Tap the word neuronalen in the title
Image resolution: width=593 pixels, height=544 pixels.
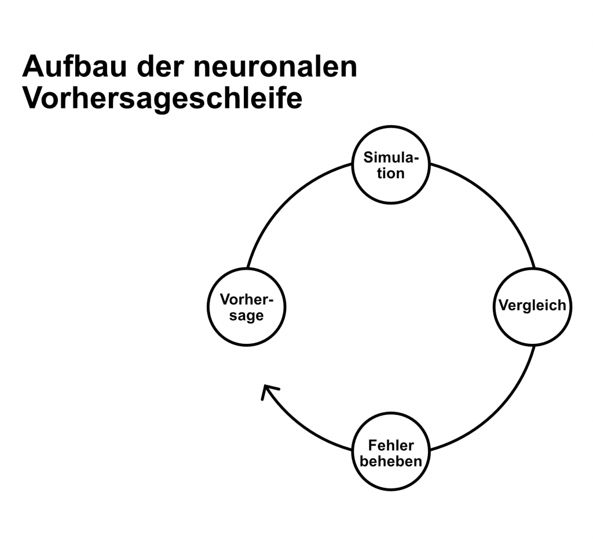click(276, 68)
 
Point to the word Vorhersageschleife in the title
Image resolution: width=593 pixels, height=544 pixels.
click(162, 99)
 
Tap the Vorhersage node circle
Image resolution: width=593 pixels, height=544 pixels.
click(246, 324)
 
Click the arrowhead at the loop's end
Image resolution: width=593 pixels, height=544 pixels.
click(268, 393)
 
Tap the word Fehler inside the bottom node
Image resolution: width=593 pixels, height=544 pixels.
click(391, 446)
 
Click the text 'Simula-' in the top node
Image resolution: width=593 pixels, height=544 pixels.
click(391, 158)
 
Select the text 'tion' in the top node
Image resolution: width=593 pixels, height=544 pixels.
click(391, 173)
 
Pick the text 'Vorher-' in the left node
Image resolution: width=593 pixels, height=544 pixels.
click(246, 300)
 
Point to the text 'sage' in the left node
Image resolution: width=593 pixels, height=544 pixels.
click(246, 316)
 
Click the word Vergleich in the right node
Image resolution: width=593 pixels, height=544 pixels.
click(532, 305)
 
